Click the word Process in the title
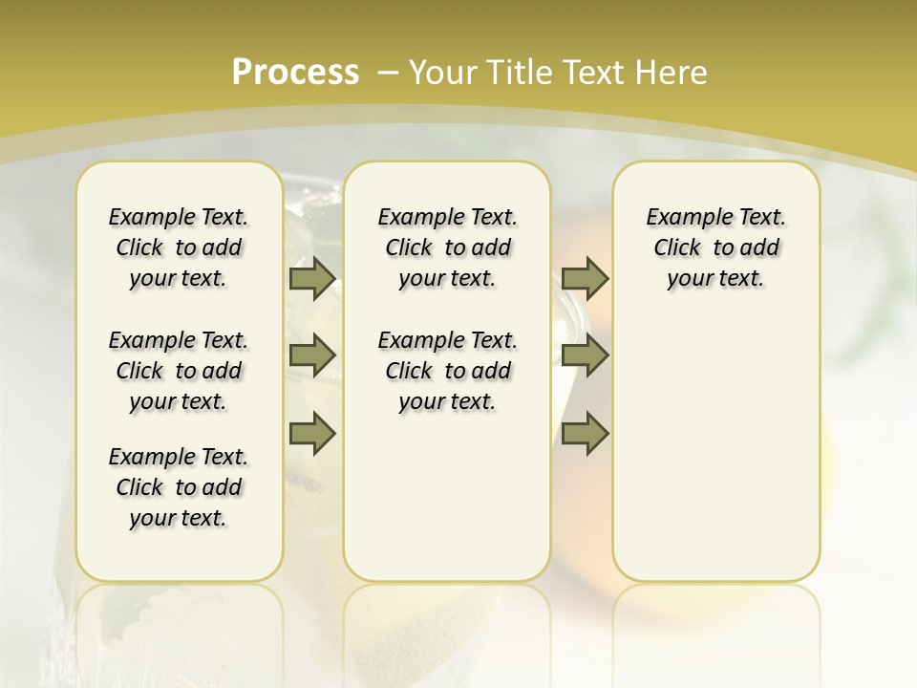pyautogui.click(x=295, y=72)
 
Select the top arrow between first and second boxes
pyautogui.click(x=312, y=278)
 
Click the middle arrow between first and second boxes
pyautogui.click(x=312, y=355)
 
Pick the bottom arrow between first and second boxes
pyautogui.click(x=312, y=434)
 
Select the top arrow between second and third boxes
pyautogui.click(x=585, y=278)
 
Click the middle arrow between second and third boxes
pyautogui.click(x=585, y=355)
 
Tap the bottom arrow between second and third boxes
pyautogui.click(x=585, y=434)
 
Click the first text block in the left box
pyautogui.click(x=179, y=247)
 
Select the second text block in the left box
pyautogui.click(x=179, y=371)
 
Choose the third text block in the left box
pyautogui.click(x=179, y=487)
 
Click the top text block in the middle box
pyautogui.click(x=447, y=247)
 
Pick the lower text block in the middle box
pyautogui.click(x=447, y=371)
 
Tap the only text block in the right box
pyautogui.click(x=715, y=247)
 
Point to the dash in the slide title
pyautogui.click(x=388, y=72)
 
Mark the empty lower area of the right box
pyautogui.click(x=715, y=449)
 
